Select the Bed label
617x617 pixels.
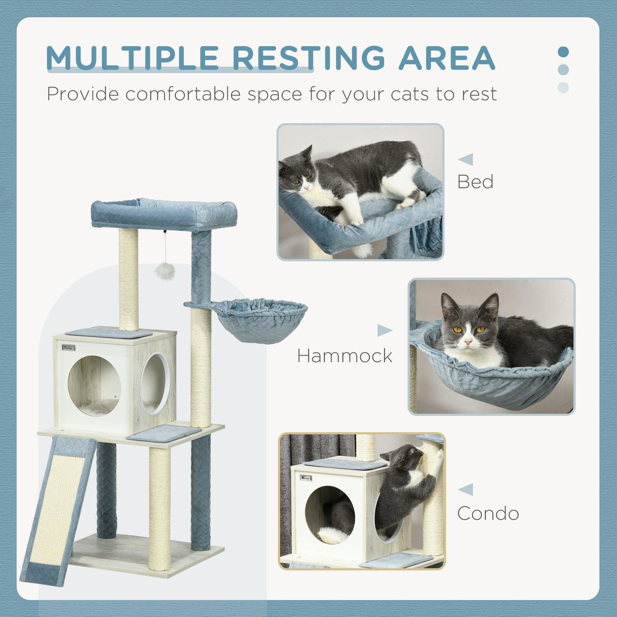pos(475,182)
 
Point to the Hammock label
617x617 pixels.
pos(345,356)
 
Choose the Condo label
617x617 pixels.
pos(488,513)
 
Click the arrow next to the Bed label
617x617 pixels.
pos(466,159)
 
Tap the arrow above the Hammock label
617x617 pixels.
pos(384,331)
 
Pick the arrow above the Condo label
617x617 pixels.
pos(466,489)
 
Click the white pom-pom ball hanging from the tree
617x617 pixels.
pos(165,271)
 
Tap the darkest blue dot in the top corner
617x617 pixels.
pos(563,52)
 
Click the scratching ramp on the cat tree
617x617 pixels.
pos(57,508)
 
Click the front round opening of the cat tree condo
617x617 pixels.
pos(94,386)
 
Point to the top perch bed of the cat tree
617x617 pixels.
pos(164,213)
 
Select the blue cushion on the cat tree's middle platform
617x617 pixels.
pos(164,433)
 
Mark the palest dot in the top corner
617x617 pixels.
pos(563,87)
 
